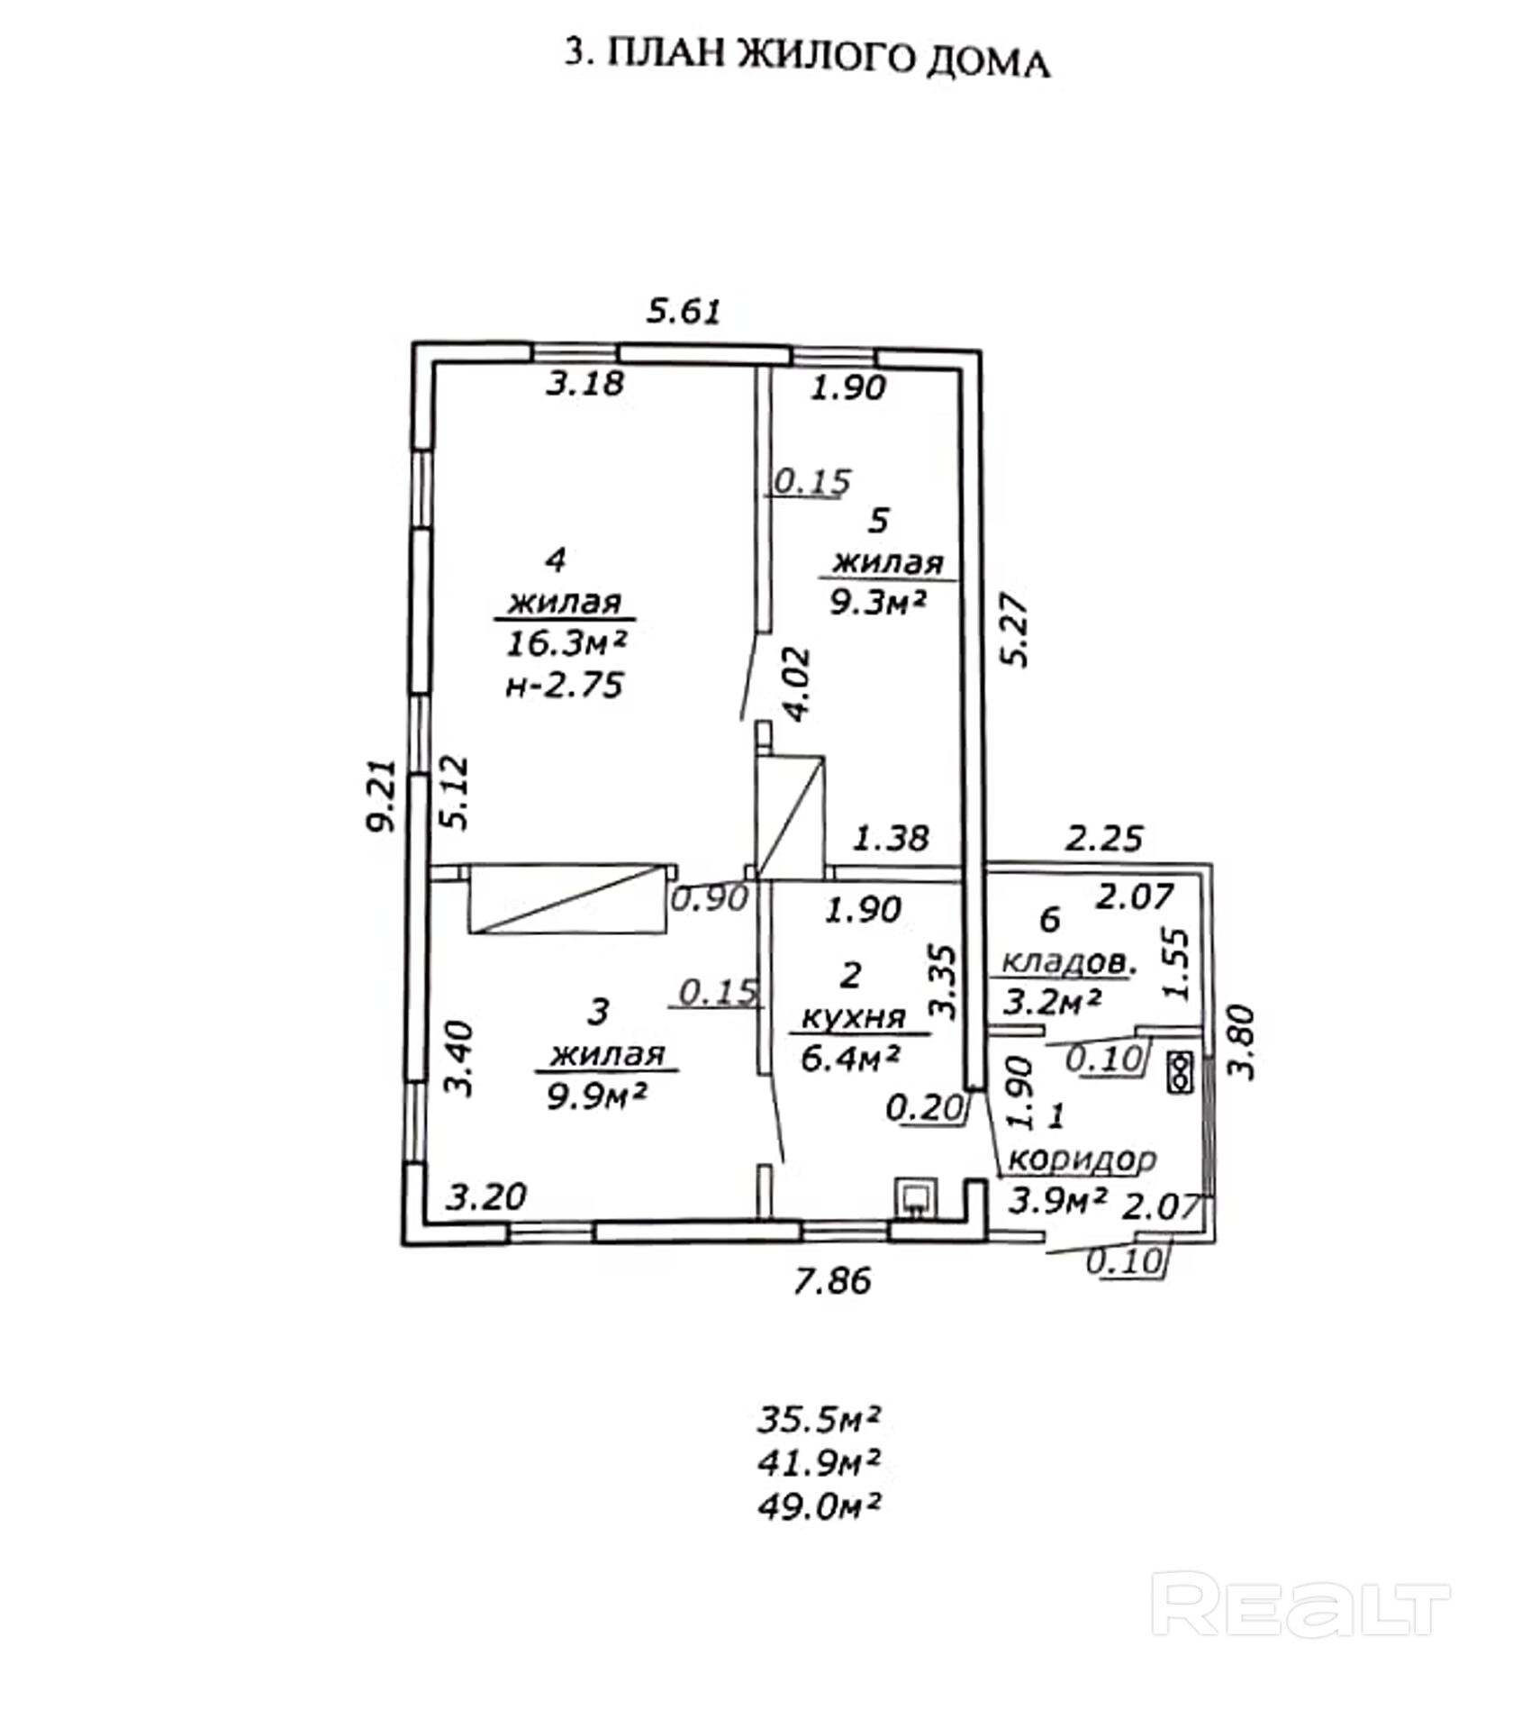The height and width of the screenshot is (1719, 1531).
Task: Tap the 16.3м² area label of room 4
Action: pos(566,643)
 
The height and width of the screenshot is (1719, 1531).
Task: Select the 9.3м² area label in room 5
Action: pos(877,602)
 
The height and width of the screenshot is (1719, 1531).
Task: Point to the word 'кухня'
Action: pos(853,1018)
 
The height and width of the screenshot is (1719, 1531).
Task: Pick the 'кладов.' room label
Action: pos(1067,962)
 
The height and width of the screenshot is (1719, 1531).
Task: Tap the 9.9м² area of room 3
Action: pos(598,1096)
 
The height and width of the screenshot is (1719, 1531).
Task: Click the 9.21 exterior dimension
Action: pos(382,796)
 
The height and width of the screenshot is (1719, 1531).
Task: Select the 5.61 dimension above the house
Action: pos(684,312)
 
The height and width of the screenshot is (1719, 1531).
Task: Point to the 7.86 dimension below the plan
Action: pos(832,1280)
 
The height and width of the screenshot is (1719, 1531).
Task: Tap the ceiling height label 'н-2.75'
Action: pos(565,687)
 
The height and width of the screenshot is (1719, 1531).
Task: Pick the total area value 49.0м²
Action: pos(818,1505)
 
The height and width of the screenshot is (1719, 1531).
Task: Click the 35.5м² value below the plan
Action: pos(818,1419)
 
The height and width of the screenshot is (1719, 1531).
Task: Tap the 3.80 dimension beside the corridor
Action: pos(1243,1042)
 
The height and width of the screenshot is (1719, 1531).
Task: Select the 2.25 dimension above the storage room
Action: pos(1103,839)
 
